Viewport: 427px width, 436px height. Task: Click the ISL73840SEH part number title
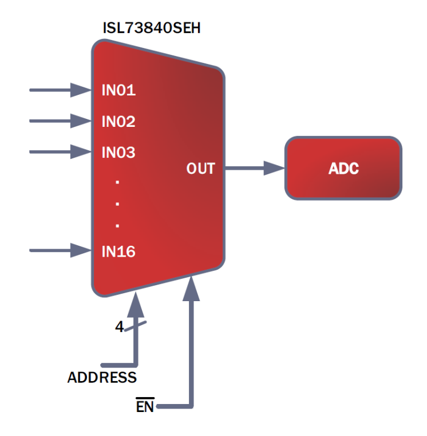pos(151,28)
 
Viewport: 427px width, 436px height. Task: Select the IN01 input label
pos(118,90)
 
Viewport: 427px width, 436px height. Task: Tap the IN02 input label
pos(118,121)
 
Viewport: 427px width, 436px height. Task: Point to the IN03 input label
pos(118,153)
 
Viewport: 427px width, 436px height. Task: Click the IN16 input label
pos(118,251)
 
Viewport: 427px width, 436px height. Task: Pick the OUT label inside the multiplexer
pos(200,169)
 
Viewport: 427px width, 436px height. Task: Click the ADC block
pos(343,169)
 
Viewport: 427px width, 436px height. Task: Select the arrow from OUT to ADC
pos(255,168)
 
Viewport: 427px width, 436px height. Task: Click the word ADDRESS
pos(102,378)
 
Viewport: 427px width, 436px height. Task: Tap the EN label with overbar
pos(145,407)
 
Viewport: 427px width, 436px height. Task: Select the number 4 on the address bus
pos(119,327)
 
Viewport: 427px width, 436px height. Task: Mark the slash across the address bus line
pos(136,326)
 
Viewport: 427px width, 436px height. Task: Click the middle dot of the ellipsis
pos(117,203)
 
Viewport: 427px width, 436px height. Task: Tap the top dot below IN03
pos(117,182)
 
